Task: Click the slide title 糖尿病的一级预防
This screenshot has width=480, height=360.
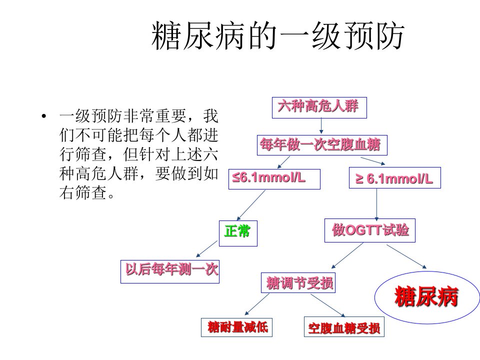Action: tap(278, 36)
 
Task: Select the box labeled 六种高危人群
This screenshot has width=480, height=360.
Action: tap(319, 107)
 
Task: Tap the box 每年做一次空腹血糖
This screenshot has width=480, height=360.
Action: tap(322, 145)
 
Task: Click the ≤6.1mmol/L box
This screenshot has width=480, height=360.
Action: tap(274, 179)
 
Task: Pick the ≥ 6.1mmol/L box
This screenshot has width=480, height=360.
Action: tap(395, 177)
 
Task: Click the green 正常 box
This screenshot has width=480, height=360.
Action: tap(238, 233)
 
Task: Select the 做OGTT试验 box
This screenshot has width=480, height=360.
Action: tap(370, 230)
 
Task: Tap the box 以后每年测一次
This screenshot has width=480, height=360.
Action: tap(170, 271)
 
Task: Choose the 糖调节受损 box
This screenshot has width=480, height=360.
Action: tap(298, 282)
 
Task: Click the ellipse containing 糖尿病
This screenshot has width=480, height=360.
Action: tap(427, 271)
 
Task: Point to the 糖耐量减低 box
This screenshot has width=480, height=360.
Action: tap(236, 327)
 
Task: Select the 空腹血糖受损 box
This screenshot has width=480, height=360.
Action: tap(344, 327)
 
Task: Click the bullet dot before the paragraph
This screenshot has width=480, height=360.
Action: tap(44, 116)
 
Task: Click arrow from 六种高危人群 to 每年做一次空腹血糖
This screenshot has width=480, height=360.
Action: tap(321, 126)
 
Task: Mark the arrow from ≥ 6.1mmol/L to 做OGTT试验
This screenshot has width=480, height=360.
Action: tap(377, 204)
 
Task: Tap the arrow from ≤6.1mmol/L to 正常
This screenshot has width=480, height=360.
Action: tap(251, 205)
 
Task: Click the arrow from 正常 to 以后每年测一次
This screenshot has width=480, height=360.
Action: tap(207, 249)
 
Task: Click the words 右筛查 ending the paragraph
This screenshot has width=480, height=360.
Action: tap(83, 193)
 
